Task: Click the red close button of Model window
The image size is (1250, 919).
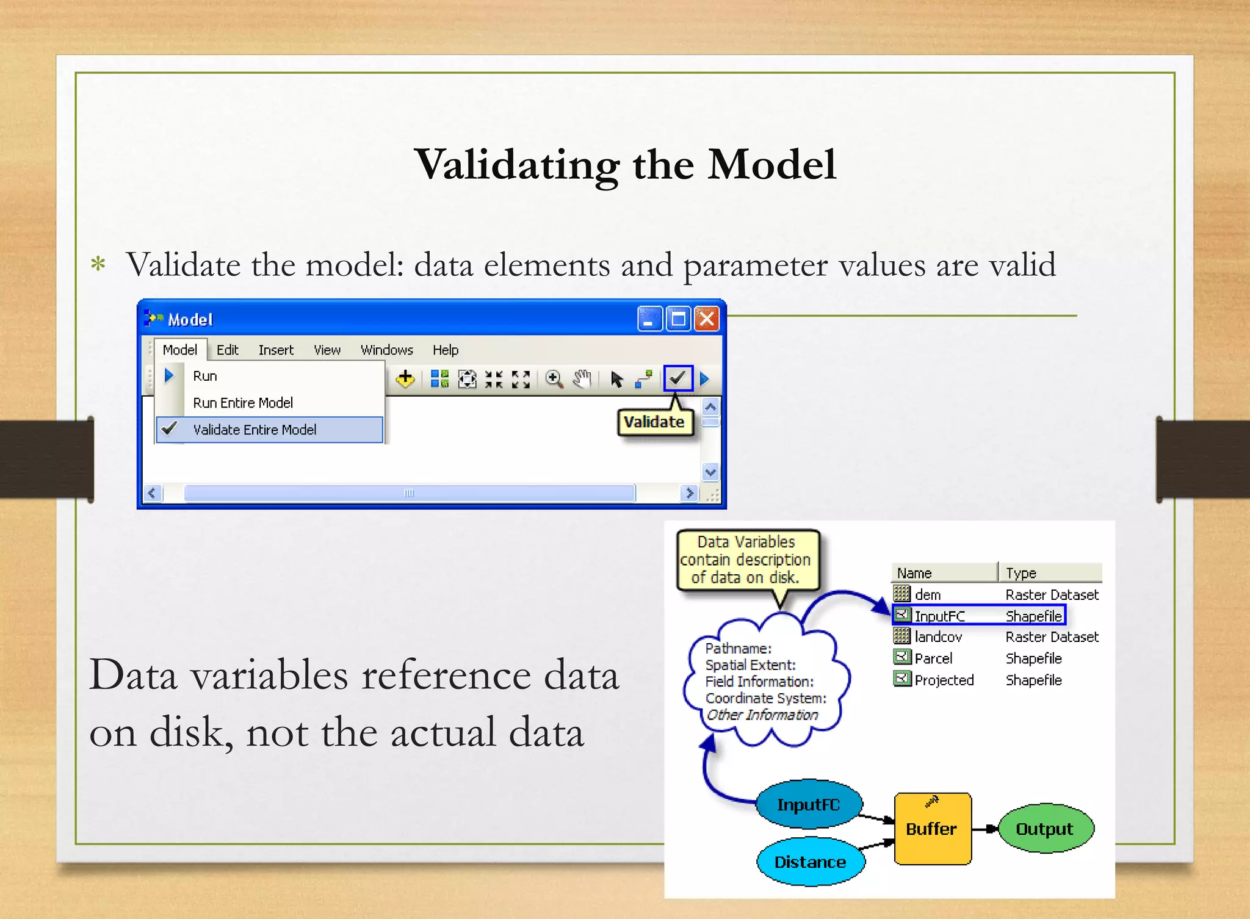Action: click(x=706, y=319)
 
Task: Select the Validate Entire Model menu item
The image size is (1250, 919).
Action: click(x=255, y=430)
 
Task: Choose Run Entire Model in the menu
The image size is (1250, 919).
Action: click(x=243, y=403)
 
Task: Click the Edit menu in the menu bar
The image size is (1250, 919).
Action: click(x=227, y=350)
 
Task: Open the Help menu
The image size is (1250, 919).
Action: click(x=445, y=350)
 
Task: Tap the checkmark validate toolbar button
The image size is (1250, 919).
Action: click(x=677, y=378)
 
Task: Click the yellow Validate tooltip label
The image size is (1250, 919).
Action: click(x=654, y=422)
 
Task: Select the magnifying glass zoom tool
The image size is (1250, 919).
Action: click(x=554, y=379)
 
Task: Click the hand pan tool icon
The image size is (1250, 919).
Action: click(x=582, y=379)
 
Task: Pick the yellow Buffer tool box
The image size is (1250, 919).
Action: click(x=931, y=828)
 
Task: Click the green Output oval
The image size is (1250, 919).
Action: click(x=1044, y=828)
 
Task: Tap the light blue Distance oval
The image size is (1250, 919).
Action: click(x=810, y=862)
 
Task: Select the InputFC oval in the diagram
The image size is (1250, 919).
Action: click(x=808, y=804)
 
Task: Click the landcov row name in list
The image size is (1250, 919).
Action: click(x=938, y=637)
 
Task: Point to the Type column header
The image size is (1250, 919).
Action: click(x=1022, y=573)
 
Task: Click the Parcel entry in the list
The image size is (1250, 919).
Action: click(x=933, y=658)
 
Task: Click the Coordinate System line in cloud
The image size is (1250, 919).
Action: click(x=765, y=698)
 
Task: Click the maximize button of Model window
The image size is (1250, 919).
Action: click(x=678, y=319)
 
